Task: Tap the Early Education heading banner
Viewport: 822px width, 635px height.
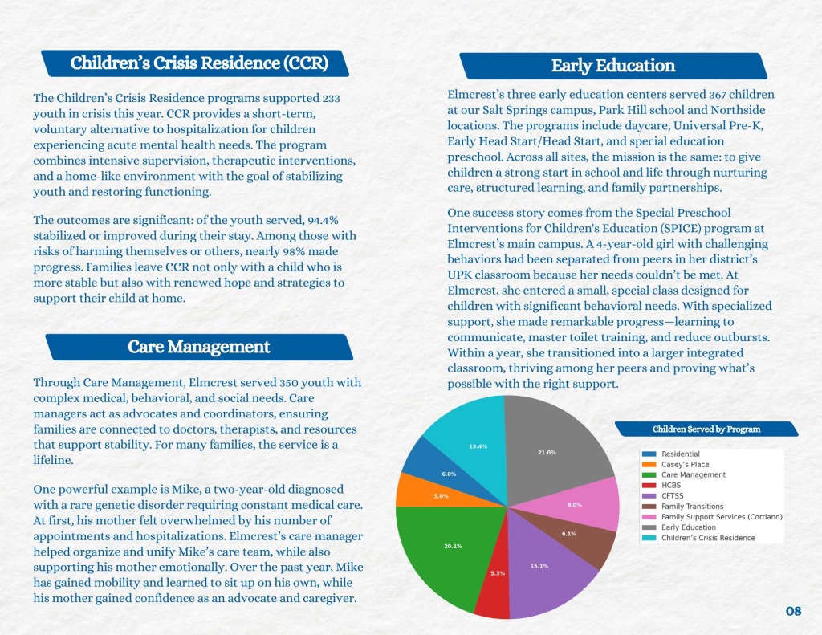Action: click(612, 66)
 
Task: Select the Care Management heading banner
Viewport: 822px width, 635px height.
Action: click(198, 347)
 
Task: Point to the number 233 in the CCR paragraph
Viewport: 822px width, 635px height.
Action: click(331, 98)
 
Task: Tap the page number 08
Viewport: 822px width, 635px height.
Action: click(793, 612)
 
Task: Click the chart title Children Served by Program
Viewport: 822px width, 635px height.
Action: click(706, 429)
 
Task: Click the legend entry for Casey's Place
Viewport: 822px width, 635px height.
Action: click(685, 465)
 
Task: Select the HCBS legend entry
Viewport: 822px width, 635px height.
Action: click(672, 486)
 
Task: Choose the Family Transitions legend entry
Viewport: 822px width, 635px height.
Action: click(692, 507)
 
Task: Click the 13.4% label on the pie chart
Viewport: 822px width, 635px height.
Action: click(477, 446)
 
